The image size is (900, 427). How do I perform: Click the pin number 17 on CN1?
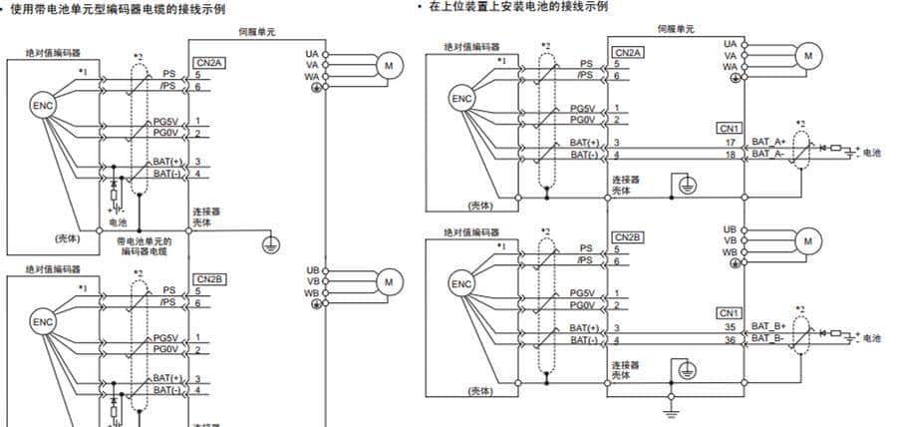pos(731,143)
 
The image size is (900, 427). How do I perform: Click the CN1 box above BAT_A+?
pos(729,129)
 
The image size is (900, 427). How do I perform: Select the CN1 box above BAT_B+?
pos(729,312)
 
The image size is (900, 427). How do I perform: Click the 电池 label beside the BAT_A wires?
pos(871,153)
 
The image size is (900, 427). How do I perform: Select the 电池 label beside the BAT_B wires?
pos(871,337)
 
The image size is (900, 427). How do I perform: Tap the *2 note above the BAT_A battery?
pos(800,125)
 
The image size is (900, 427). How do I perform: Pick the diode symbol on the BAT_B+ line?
pos(823,331)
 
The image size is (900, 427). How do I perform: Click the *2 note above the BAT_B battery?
pos(800,309)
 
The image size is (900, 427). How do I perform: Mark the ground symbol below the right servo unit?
pos(672,410)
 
